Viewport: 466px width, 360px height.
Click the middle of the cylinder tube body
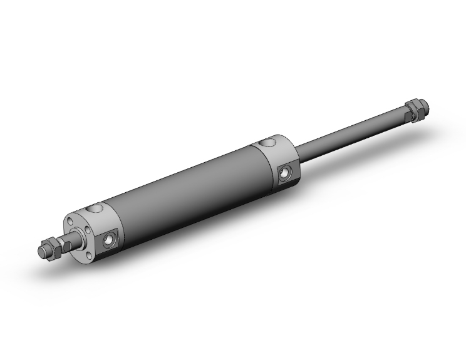pos(188,188)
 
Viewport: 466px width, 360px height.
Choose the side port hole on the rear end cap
pos(286,170)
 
